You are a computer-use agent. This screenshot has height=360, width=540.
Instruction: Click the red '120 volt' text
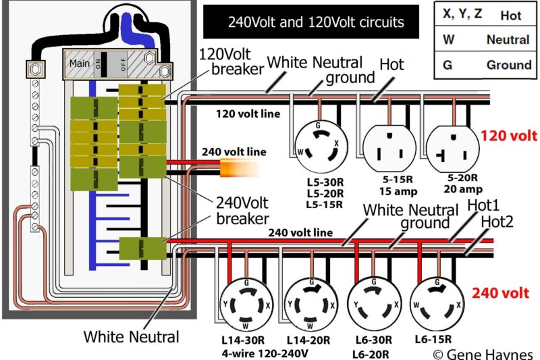coord(508,135)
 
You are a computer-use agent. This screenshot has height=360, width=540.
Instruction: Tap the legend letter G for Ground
coord(447,66)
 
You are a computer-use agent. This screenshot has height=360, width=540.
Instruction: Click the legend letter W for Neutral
coord(448,40)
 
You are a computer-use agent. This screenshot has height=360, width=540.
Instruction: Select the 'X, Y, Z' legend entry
coord(462,14)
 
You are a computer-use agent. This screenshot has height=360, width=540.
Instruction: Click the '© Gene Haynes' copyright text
coord(484,353)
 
